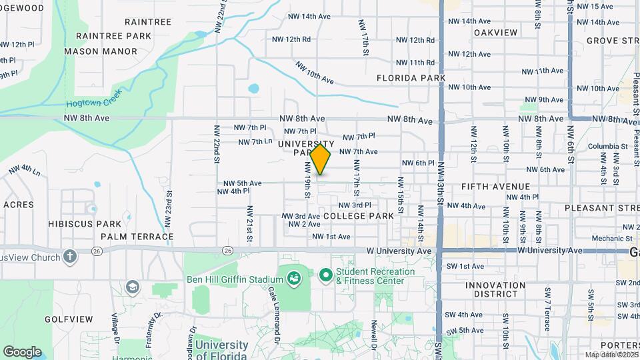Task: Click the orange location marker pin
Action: click(x=321, y=159)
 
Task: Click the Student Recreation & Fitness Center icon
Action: click(x=326, y=275)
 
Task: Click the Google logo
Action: click(x=22, y=352)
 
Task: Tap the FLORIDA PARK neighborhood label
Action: click(x=411, y=78)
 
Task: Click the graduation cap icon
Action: click(x=133, y=287)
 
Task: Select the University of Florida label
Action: click(x=222, y=350)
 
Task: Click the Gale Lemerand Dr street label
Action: click(x=273, y=316)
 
